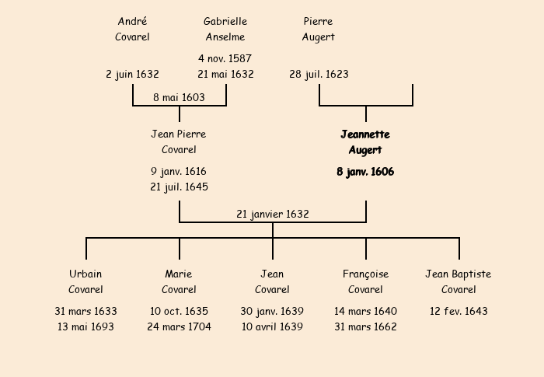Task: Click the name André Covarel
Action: pos(132,29)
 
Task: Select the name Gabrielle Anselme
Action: pos(225,29)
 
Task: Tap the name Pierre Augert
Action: pos(319,29)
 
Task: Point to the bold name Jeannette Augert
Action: pos(365,142)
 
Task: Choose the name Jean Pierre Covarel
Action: pos(179,142)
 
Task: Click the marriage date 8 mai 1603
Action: pos(179,97)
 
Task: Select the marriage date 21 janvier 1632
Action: pos(273,214)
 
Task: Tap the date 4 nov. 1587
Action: pos(225,58)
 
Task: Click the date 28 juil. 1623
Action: pos(319,75)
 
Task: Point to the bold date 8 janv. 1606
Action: pos(365,172)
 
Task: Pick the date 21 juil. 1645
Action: pos(179,187)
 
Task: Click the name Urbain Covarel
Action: pos(85,281)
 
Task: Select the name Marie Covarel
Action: pos(179,281)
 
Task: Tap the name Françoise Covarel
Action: pos(365,281)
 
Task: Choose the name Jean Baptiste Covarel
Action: pos(459,281)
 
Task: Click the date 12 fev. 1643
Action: pos(459,311)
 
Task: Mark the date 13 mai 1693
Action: pos(85,326)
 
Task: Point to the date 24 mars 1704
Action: pos(179,326)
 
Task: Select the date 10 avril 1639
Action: pos(272,326)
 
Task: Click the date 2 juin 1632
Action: pos(132,75)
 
